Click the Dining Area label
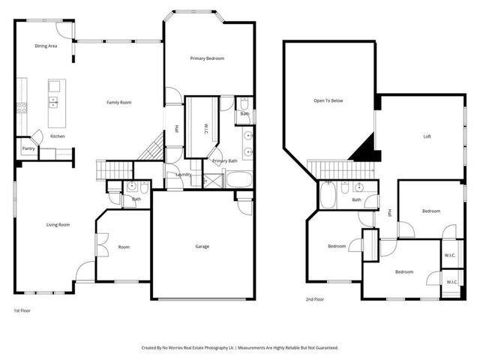(x=46, y=46)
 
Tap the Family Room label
(x=119, y=102)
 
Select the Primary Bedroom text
(x=207, y=58)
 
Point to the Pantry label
(x=28, y=149)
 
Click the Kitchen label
(x=58, y=136)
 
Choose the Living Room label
(x=58, y=224)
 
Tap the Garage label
(x=202, y=247)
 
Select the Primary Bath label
(x=224, y=161)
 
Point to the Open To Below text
(x=328, y=100)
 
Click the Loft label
(x=427, y=136)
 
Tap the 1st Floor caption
(x=23, y=310)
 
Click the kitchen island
(x=55, y=103)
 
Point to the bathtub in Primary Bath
(x=240, y=181)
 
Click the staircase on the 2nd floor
(x=328, y=169)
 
